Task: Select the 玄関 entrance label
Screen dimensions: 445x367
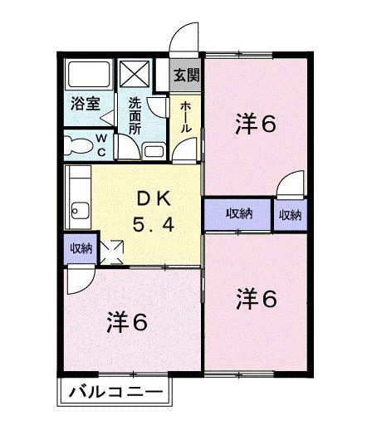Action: pos(186,74)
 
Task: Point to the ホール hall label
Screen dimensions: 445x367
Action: pos(187,119)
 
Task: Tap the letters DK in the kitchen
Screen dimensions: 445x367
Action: pos(154,198)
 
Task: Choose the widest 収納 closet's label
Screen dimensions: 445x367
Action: pos(239,213)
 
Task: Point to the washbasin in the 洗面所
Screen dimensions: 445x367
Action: pos(153,150)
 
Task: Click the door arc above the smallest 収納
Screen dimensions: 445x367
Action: pos(291,184)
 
